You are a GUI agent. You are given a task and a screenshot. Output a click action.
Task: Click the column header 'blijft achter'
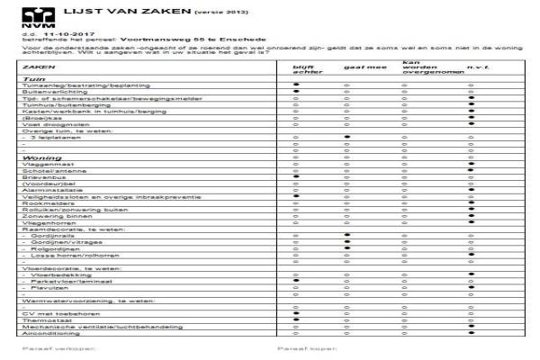(301, 69)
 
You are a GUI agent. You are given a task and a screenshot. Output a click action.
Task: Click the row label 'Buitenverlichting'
(49, 92)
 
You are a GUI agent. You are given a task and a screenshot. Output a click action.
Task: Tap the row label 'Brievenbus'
(41, 177)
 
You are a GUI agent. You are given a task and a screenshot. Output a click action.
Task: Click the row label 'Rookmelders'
(44, 203)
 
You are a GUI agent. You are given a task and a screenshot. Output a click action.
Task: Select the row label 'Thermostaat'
(45, 319)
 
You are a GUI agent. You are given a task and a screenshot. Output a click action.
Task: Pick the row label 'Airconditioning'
(49, 332)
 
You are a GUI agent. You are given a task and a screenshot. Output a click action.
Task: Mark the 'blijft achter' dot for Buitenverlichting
(294, 92)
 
